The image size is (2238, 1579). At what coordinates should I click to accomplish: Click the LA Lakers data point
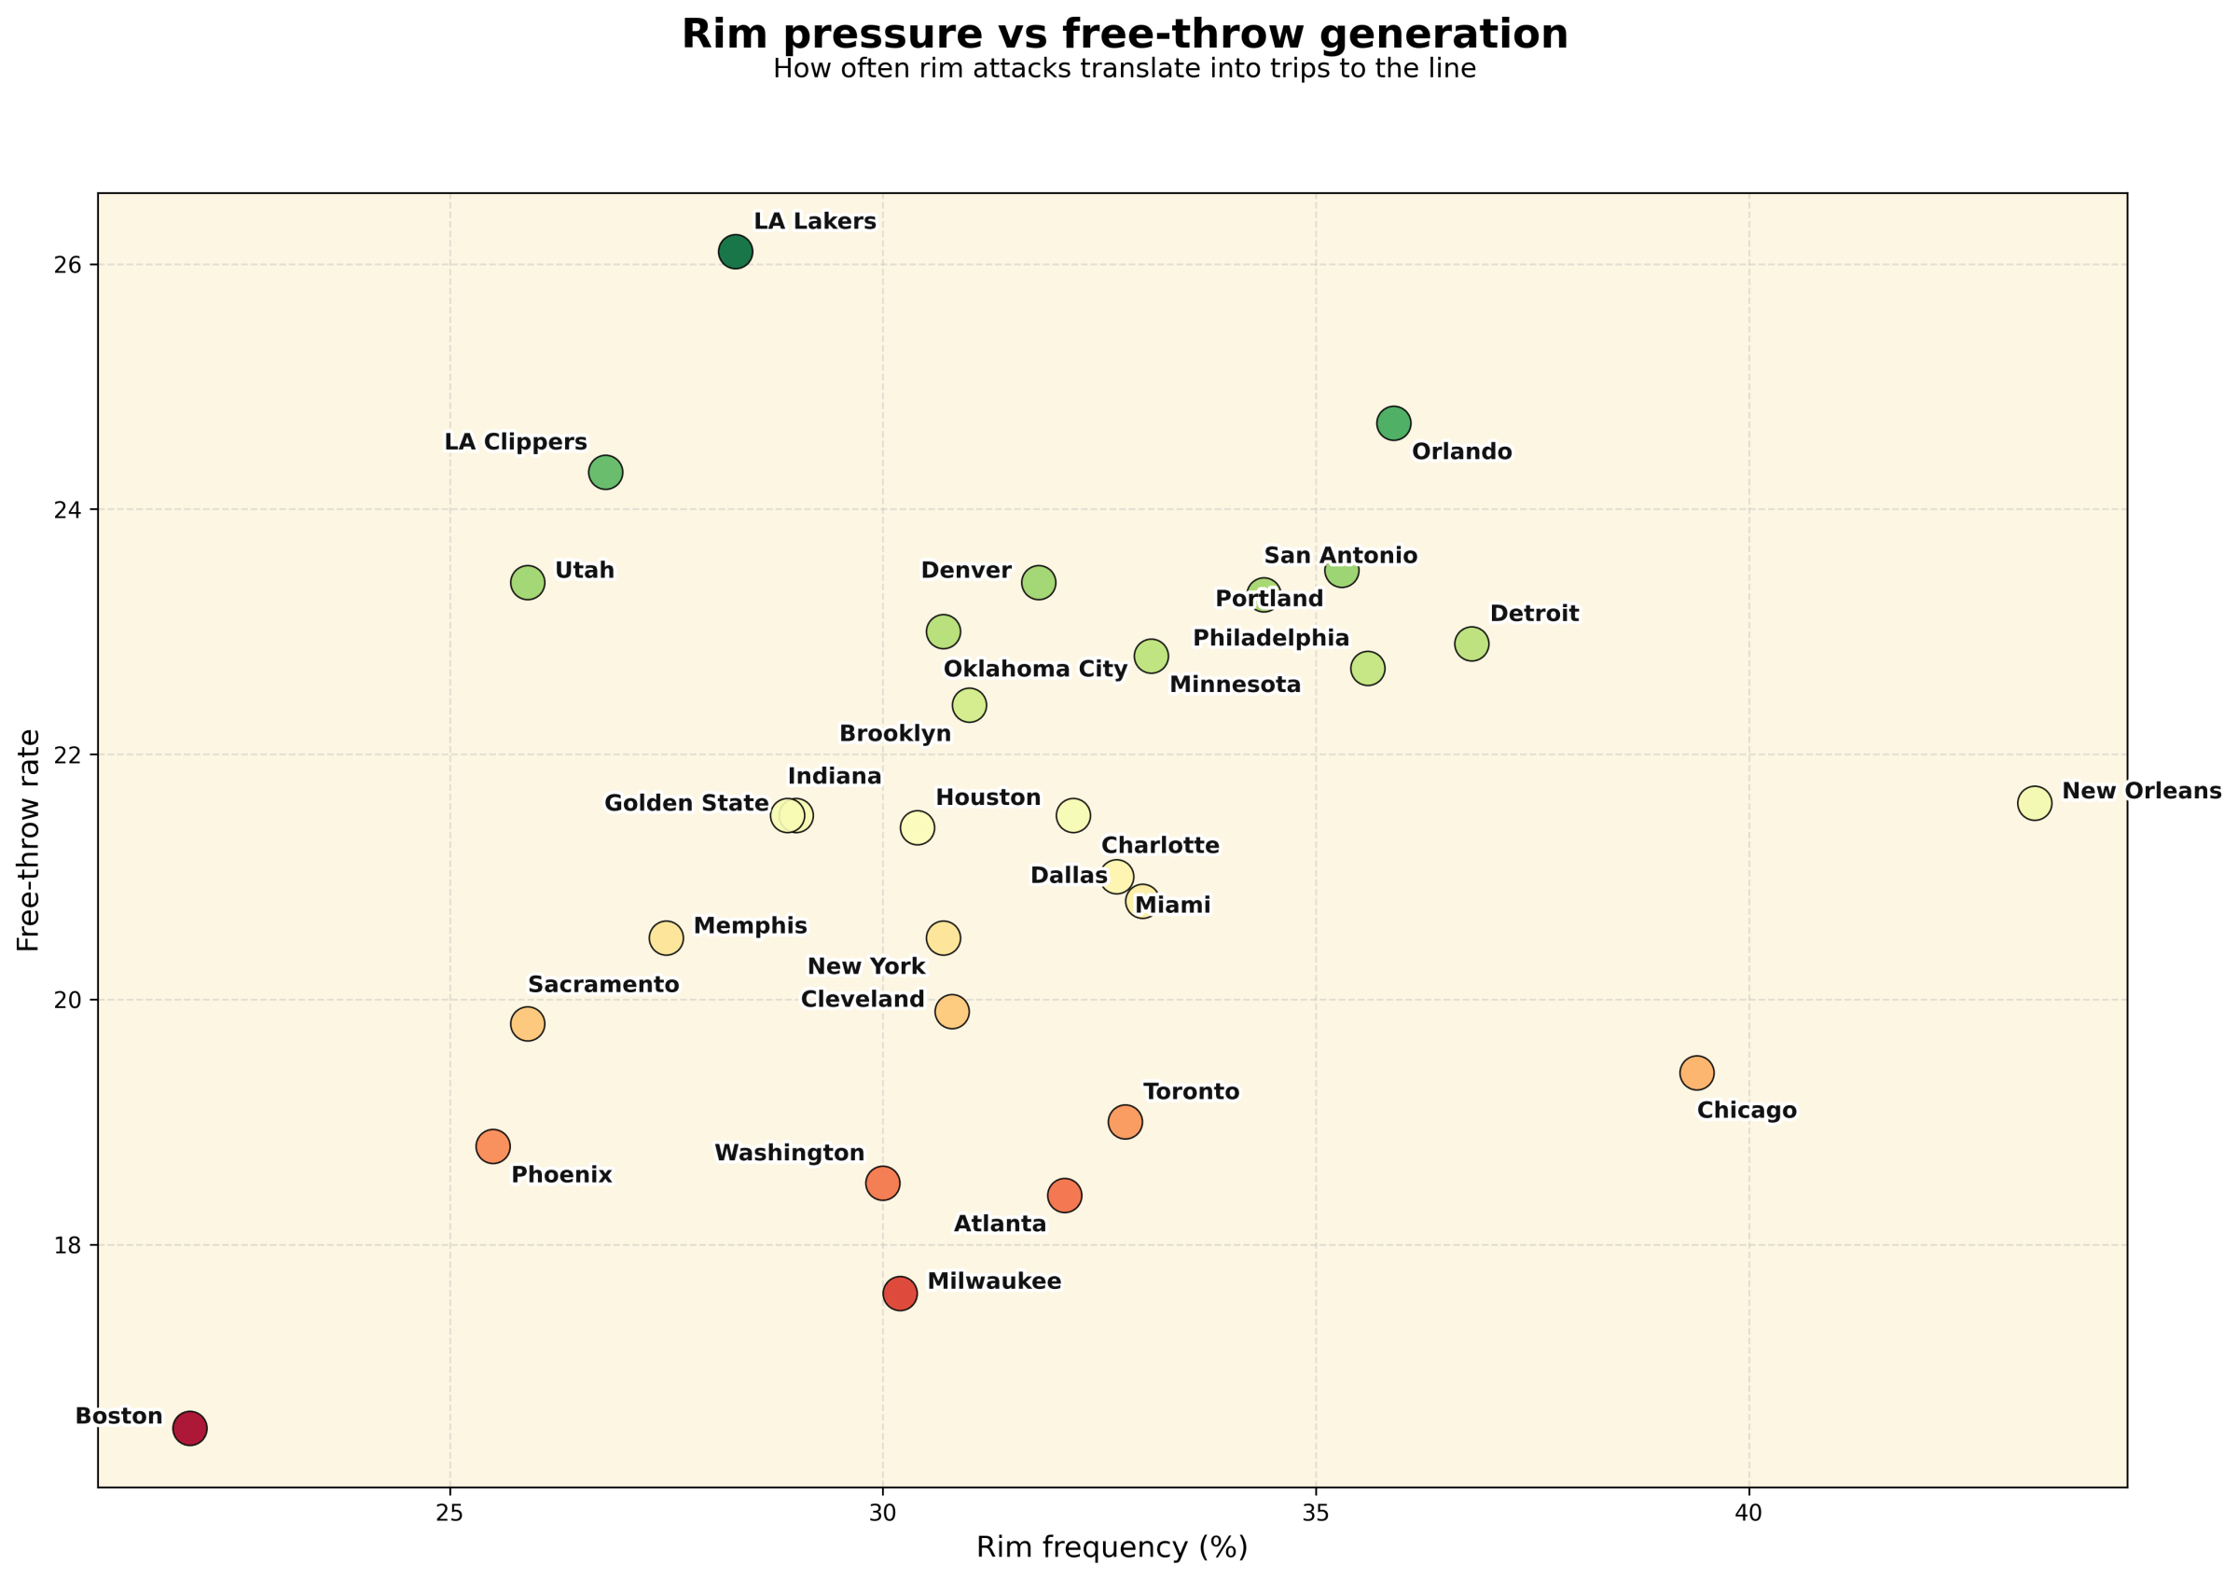pyautogui.click(x=735, y=252)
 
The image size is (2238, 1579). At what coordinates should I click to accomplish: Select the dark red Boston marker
pyautogui.click(x=189, y=1429)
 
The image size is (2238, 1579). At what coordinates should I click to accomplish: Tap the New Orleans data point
pyautogui.click(x=2035, y=802)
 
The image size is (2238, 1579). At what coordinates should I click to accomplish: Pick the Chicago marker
pyautogui.click(x=1697, y=1073)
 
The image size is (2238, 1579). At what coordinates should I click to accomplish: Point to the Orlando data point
pyautogui.click(x=1394, y=423)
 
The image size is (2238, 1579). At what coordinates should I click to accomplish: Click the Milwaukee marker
pyautogui.click(x=900, y=1294)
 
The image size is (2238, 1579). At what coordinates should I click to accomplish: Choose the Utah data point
pyautogui.click(x=528, y=583)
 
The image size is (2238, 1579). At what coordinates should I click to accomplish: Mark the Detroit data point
pyautogui.click(x=1471, y=644)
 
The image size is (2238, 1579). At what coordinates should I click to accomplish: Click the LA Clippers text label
pyautogui.click(x=516, y=441)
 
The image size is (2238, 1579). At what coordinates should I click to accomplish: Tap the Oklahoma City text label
pyautogui.click(x=1035, y=669)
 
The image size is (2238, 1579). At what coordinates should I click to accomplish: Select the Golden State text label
pyautogui.click(x=686, y=803)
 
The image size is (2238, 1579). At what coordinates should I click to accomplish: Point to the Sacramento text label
pyautogui.click(x=603, y=985)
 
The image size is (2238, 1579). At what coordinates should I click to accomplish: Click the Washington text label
pyautogui.click(x=790, y=1153)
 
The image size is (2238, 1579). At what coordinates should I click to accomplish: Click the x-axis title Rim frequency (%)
pyautogui.click(x=1112, y=1547)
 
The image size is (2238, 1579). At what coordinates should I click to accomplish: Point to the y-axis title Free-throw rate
pyautogui.click(x=29, y=840)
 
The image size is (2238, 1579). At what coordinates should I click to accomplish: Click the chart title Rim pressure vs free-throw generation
pyautogui.click(x=1124, y=35)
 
